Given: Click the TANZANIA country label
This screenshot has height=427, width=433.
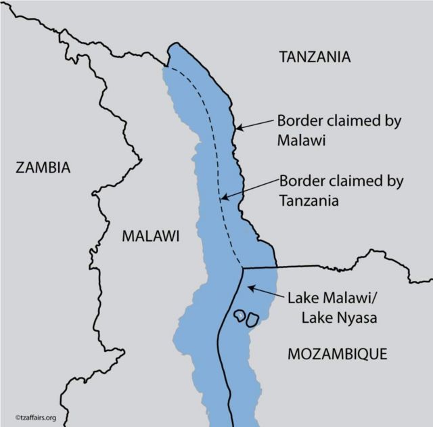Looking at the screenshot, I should click(x=315, y=57).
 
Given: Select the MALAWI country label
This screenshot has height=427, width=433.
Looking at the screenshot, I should click(x=150, y=236).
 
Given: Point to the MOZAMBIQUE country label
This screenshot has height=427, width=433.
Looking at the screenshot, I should click(x=337, y=353).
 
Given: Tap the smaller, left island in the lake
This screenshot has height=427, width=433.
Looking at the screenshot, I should click(x=240, y=315).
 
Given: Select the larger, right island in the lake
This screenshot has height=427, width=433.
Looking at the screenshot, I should click(x=252, y=319).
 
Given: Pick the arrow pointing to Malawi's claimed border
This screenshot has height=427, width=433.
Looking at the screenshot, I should click(x=254, y=124).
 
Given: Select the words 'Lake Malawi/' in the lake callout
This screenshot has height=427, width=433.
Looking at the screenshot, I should click(x=326, y=297).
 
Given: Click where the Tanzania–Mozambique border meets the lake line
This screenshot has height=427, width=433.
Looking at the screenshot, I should click(x=242, y=269).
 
